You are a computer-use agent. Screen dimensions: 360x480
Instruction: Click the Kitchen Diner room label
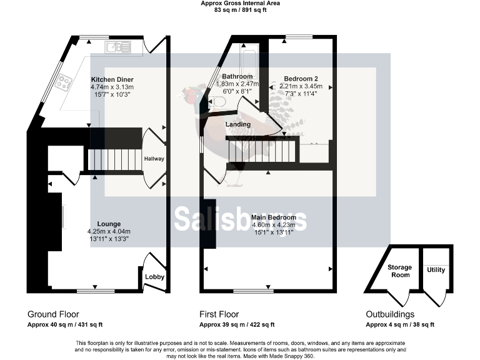point(112,79)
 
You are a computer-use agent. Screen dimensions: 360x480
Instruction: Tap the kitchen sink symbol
point(117,46)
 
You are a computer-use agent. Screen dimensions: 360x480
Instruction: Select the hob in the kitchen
point(64,81)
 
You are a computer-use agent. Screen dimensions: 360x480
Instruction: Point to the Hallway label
point(154,159)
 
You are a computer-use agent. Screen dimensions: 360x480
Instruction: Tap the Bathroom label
point(237,76)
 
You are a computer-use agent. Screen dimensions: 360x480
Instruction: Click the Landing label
point(238,124)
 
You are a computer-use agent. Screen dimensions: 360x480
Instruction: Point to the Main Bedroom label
point(274,217)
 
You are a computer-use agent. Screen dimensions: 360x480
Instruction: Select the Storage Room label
point(399,271)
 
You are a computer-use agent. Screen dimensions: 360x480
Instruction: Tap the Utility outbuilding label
point(436,269)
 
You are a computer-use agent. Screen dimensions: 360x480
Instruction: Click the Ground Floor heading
point(53,314)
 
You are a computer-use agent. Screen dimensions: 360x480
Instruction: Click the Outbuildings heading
point(390,314)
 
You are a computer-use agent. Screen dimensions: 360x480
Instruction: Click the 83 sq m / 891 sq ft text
point(240,10)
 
